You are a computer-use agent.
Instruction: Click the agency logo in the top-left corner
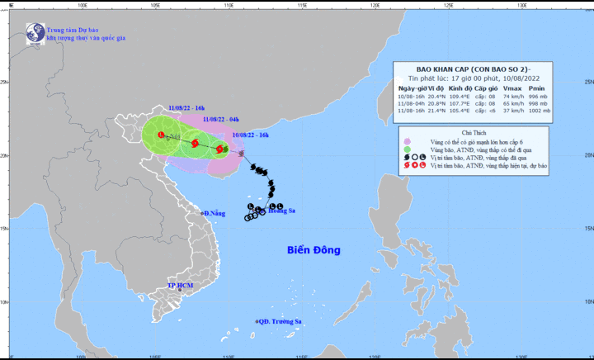pos(35,32)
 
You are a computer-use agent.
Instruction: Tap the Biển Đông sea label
pos(313,249)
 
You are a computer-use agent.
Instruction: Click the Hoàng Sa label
pos(280,211)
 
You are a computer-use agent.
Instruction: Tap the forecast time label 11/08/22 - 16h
pos(187,107)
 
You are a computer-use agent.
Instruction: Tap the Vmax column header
pos(511,88)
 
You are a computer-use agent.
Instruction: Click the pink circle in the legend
pos(406,141)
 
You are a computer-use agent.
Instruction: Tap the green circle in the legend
pos(406,149)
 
